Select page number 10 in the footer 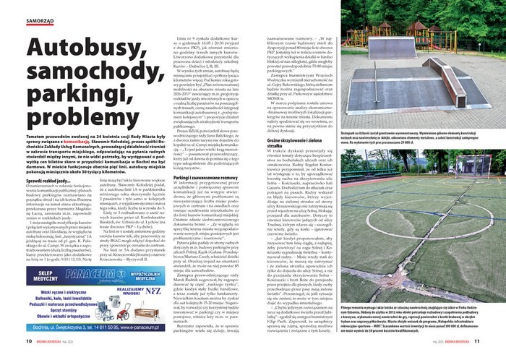click(29, 341)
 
